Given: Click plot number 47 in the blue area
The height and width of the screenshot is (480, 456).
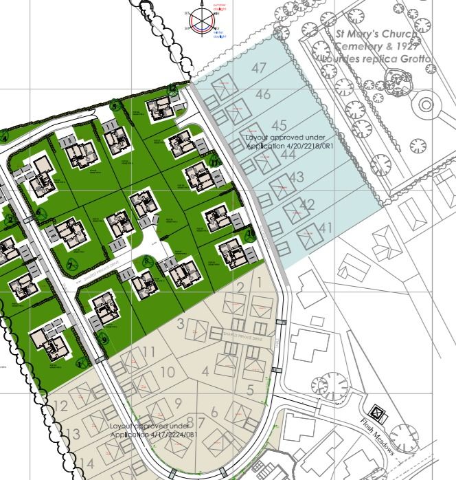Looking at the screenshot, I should tap(259, 68).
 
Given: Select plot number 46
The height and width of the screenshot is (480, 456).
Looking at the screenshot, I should tap(262, 95).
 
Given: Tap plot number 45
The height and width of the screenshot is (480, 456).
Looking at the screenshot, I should tap(279, 125).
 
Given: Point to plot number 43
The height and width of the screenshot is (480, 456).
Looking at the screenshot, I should tap(297, 177).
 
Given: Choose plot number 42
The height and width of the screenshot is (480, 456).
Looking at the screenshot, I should tap(307, 204).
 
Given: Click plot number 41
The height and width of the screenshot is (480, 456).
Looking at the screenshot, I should tap(326, 228).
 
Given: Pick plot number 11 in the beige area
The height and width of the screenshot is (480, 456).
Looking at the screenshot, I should tap(150, 352).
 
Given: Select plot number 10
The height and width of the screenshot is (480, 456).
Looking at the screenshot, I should tap(167, 372).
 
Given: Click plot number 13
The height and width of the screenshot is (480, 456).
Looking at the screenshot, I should tap(73, 434).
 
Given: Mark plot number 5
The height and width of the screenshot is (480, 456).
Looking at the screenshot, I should tap(251, 390).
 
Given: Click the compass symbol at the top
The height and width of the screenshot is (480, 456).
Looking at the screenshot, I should tap(200, 18).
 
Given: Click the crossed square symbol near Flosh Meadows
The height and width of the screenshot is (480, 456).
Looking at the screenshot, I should tap(376, 413).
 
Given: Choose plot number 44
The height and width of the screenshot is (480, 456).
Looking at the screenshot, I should tap(288, 155).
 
